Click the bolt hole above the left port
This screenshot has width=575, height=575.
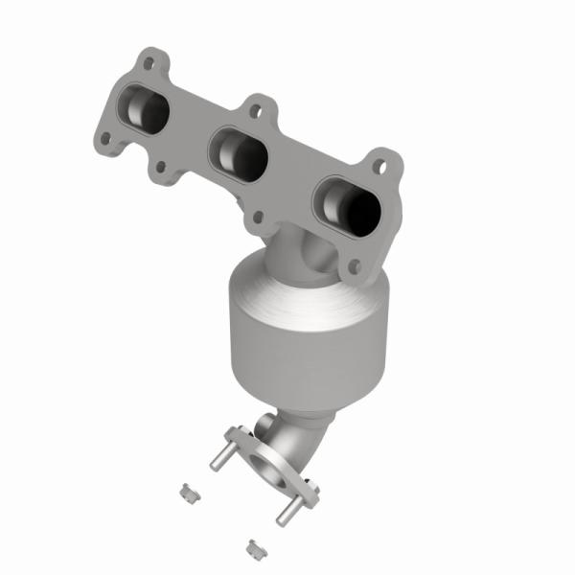149,65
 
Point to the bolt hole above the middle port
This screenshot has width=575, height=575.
254,110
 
